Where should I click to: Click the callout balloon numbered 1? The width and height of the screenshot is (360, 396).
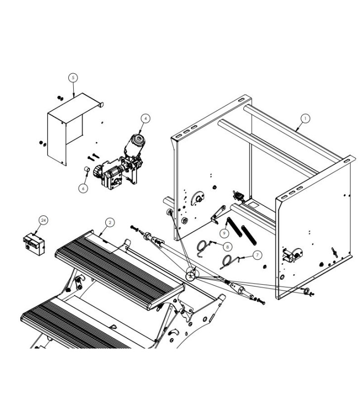pos(305,118)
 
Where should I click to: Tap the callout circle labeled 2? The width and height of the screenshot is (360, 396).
pos(110,222)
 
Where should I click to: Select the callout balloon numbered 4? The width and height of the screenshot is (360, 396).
pos(145,118)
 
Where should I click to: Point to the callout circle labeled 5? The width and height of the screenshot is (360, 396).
pos(73,78)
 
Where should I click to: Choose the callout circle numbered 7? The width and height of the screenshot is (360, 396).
pos(257,255)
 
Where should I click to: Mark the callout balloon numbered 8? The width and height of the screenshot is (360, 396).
pos(227,246)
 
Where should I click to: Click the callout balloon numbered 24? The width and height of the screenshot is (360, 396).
pos(43,221)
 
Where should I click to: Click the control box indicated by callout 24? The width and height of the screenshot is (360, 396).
pos(34,243)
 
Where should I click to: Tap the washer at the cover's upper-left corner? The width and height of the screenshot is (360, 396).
pos(60,98)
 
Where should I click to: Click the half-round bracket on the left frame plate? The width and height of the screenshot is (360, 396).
pos(200,198)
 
